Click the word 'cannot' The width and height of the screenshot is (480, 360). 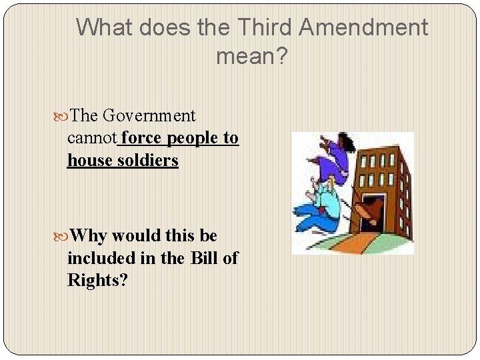[92, 138]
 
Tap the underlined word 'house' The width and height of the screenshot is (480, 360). [89, 161]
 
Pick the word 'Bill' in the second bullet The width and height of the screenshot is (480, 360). [201, 258]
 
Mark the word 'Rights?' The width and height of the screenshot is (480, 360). [97, 281]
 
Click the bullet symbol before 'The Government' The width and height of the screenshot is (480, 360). [63, 116]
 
